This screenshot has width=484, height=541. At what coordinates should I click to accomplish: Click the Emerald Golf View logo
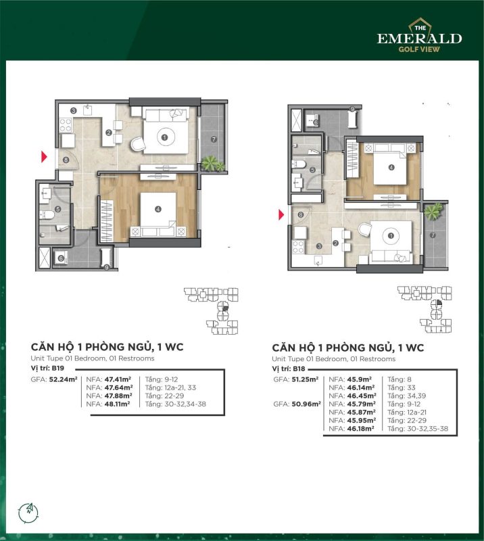[419, 36]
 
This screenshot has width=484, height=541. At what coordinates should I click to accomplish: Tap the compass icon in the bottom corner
[29, 513]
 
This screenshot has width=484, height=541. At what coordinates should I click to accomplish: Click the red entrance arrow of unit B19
[44, 157]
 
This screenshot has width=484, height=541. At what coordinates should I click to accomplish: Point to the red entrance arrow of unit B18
[281, 215]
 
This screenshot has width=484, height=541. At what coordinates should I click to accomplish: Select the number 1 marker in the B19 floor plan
[164, 137]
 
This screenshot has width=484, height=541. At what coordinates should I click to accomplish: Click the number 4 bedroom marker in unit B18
[391, 167]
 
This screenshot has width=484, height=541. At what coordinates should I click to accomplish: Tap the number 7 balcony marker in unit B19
[214, 139]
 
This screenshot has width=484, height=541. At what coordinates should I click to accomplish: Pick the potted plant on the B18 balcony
[433, 211]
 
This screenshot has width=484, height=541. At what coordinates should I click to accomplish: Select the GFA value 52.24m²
[63, 379]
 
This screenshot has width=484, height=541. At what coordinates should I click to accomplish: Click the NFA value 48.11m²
[118, 404]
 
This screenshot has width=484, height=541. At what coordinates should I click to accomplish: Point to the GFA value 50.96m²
[306, 404]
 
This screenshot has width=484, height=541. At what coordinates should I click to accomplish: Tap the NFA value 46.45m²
[362, 396]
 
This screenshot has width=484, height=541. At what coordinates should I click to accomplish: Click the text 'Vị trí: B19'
[47, 368]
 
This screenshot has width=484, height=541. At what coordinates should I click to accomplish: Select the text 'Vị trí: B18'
[289, 369]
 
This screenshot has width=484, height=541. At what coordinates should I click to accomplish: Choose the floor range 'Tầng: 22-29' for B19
[164, 396]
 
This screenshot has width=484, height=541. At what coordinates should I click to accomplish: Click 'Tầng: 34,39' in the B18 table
[407, 396]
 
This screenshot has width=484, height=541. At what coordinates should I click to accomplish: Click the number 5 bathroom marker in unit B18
[312, 170]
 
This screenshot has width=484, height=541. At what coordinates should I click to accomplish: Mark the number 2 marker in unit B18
[335, 243]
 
